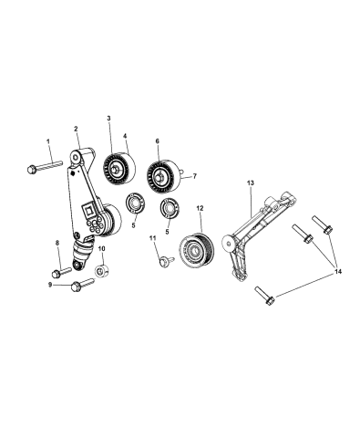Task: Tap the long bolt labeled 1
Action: (x=45, y=167)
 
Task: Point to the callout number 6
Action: (x=157, y=141)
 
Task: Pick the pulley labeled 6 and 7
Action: (x=164, y=174)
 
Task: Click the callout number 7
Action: (x=193, y=176)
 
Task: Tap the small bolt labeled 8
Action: (x=61, y=271)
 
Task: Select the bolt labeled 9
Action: (x=77, y=289)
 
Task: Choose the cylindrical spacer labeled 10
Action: (x=103, y=271)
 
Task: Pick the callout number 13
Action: (x=251, y=183)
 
